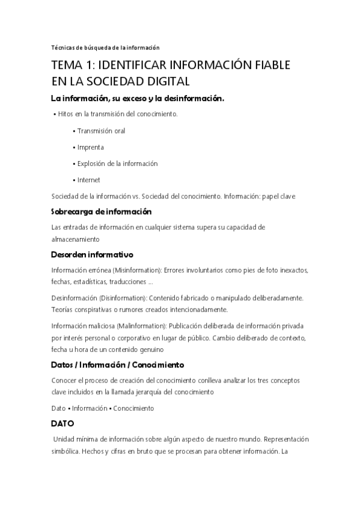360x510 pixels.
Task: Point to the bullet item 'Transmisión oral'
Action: coord(101,131)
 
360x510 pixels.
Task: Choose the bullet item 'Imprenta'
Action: coord(91,147)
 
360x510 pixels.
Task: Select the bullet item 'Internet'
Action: coord(89,179)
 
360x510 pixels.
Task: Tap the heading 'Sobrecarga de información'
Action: coord(102,212)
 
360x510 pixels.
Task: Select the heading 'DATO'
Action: coord(62,423)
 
